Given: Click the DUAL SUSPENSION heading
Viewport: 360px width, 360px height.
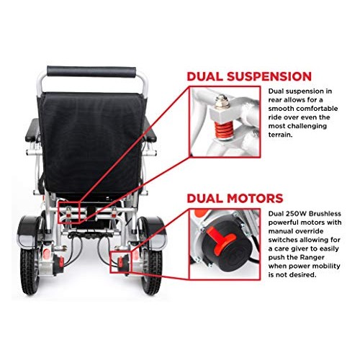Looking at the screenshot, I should pos(248,76).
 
